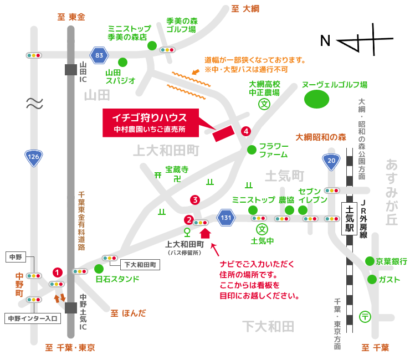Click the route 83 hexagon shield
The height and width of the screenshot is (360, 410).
99,55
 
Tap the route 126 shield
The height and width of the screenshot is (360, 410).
34,158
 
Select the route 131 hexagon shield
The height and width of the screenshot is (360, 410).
225,218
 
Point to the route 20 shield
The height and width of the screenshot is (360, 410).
331,161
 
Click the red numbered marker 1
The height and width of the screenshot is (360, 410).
57,272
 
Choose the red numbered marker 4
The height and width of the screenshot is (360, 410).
246,131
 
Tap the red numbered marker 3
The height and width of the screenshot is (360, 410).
194,199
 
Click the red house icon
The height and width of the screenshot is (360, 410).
205,233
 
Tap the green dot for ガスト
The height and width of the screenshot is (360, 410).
371,279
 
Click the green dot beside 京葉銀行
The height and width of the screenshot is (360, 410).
370,261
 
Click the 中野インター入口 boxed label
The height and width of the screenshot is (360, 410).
32,318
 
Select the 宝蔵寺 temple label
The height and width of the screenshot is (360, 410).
177,169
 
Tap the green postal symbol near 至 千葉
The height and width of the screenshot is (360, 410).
365,316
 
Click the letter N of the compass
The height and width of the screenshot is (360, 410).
326,40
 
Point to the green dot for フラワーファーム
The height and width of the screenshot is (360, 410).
252,150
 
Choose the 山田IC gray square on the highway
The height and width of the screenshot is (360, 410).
70,69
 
